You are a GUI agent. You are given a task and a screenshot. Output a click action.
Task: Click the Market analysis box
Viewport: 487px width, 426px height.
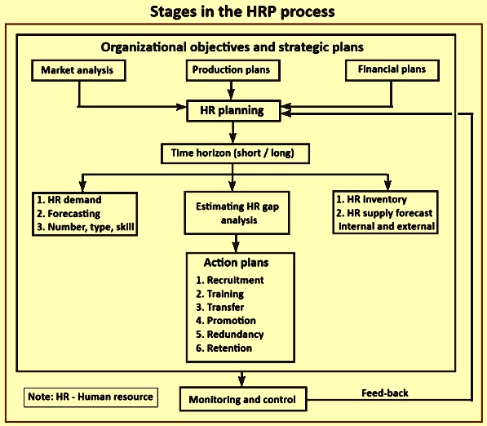pyautogui.click(x=78, y=70)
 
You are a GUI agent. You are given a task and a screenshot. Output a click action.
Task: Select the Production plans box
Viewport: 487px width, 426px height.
pyautogui.click(x=233, y=70)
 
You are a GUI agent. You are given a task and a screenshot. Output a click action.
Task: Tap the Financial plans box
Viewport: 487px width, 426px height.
pyautogui.click(x=392, y=70)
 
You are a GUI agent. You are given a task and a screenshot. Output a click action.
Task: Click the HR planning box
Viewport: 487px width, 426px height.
pyautogui.click(x=233, y=111)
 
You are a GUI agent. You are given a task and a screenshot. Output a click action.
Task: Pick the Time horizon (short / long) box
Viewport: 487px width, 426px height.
pyautogui.click(x=235, y=153)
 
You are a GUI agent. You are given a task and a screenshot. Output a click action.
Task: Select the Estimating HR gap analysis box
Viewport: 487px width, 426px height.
pyautogui.click(x=237, y=213)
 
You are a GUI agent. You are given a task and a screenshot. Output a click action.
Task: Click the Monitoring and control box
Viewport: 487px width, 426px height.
pyautogui.click(x=243, y=399)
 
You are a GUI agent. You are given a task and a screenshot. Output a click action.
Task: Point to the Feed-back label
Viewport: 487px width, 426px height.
pyautogui.click(x=385, y=393)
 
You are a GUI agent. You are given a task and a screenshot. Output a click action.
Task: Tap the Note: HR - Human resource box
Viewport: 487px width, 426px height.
pyautogui.click(x=91, y=397)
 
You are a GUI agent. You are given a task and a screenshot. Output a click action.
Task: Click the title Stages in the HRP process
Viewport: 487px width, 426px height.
pyautogui.click(x=242, y=11)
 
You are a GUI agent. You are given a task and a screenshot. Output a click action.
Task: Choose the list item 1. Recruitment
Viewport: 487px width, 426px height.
pyautogui.click(x=230, y=280)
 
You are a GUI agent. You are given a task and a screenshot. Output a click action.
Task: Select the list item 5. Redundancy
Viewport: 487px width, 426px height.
pyautogui.click(x=230, y=335)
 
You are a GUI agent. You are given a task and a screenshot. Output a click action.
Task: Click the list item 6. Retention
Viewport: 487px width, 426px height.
pyautogui.click(x=224, y=348)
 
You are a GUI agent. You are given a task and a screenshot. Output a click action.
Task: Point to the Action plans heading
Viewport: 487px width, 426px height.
pyautogui.click(x=237, y=263)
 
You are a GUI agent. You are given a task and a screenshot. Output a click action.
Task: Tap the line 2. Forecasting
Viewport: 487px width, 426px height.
pyautogui.click(x=69, y=214)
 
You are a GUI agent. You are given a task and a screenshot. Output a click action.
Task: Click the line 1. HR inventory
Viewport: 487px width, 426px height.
pyautogui.click(x=371, y=199)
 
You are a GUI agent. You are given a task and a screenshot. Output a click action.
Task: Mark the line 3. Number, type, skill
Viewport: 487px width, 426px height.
pyautogui.click(x=86, y=227)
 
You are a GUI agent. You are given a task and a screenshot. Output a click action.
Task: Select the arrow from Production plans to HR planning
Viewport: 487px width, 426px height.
pyautogui.click(x=231, y=91)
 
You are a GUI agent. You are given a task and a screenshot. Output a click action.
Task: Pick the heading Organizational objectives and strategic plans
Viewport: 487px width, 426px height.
pyautogui.click(x=232, y=47)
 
